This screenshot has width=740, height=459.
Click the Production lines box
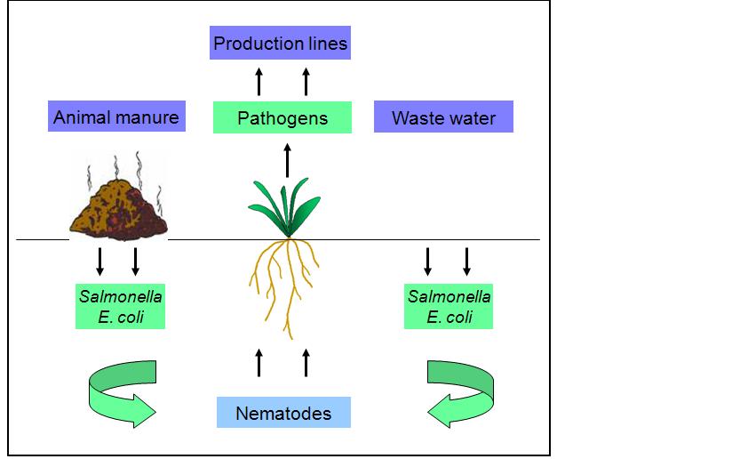coord(280,43)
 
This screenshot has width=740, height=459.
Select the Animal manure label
coord(116,117)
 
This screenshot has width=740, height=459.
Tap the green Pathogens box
coord(282,118)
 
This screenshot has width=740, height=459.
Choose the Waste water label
coord(443,117)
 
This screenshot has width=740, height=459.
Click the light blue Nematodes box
coord(283,413)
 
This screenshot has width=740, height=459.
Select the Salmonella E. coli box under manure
coord(119,306)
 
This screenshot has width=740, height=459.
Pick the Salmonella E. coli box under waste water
coord(449,306)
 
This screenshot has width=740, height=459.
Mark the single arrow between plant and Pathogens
coord(287,163)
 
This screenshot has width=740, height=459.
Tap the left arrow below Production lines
coord(259,81)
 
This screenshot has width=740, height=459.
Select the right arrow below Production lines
coord(306,81)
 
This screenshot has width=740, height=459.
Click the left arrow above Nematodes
coord(259,363)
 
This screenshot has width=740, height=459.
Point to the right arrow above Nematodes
coord(306,363)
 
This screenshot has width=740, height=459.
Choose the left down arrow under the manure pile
coord(100,261)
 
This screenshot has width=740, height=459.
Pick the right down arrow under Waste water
coord(466,261)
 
